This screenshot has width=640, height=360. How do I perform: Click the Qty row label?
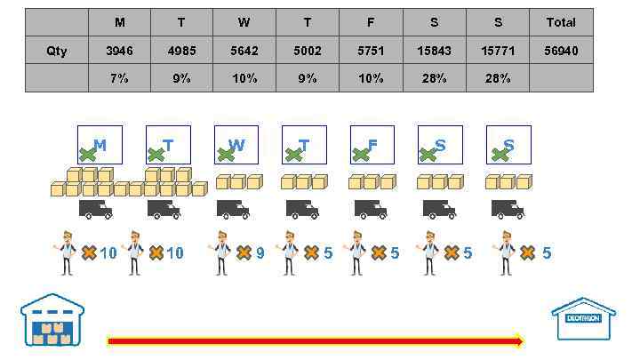coord(57,51)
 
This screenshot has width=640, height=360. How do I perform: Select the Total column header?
coord(561,22)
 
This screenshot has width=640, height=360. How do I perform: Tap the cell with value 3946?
coord(119,51)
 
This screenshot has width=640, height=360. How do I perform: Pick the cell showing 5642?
coord(244,51)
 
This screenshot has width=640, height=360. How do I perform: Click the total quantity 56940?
coord(561,51)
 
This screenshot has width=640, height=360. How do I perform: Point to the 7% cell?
coord(119,78)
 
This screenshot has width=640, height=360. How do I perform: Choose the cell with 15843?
coord(434,51)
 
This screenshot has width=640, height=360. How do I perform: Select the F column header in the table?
coord(371,22)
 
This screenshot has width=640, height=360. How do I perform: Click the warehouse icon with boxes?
coord(52,320)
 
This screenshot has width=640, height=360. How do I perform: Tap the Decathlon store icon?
coord(583,318)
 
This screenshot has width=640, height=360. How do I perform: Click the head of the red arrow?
coord(518,340)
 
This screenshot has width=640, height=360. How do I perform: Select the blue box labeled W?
coord(236,145)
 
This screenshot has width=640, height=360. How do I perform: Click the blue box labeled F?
coord(372,145)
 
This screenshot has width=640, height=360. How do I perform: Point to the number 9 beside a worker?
coord(260,253)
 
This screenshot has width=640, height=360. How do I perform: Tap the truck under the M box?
coord(95,209)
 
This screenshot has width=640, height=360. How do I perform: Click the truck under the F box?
coord(371,209)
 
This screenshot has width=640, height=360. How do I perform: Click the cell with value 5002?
coord(308,51)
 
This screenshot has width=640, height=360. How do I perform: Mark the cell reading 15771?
coord(498,51)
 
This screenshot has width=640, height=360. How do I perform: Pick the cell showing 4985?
coord(182,51)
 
